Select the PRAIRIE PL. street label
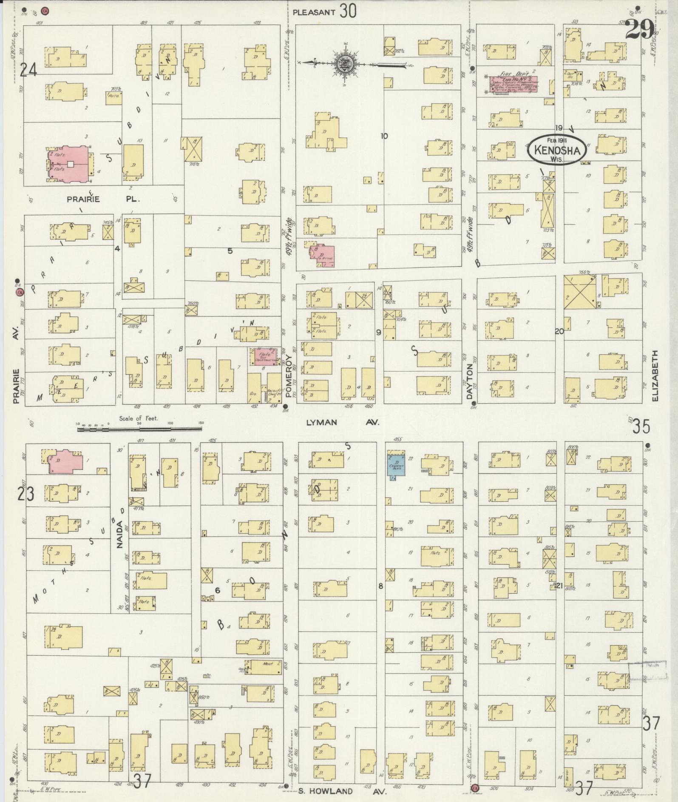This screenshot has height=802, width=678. pos(101,199)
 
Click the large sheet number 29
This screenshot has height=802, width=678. pos(640,30)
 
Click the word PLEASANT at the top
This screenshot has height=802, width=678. pos(314,12)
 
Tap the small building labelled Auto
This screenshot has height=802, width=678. pos(114,98)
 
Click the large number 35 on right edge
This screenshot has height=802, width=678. pos(642,426)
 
